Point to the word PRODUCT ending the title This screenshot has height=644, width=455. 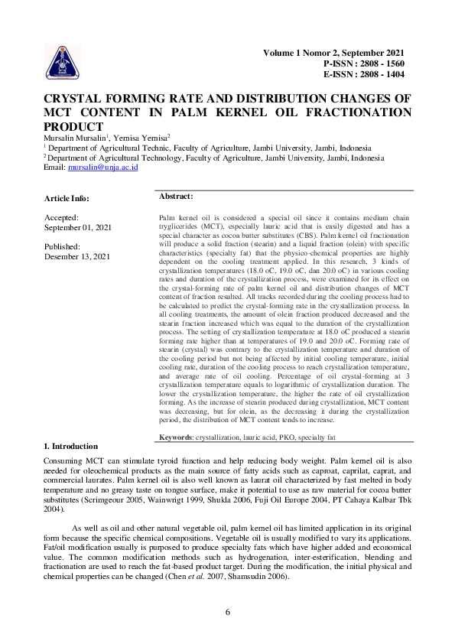73,126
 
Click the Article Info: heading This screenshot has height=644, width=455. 68,199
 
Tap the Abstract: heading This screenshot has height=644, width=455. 175,197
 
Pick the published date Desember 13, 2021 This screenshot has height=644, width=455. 77,257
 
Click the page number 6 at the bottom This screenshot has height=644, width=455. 228,612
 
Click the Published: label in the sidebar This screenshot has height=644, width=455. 63,247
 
